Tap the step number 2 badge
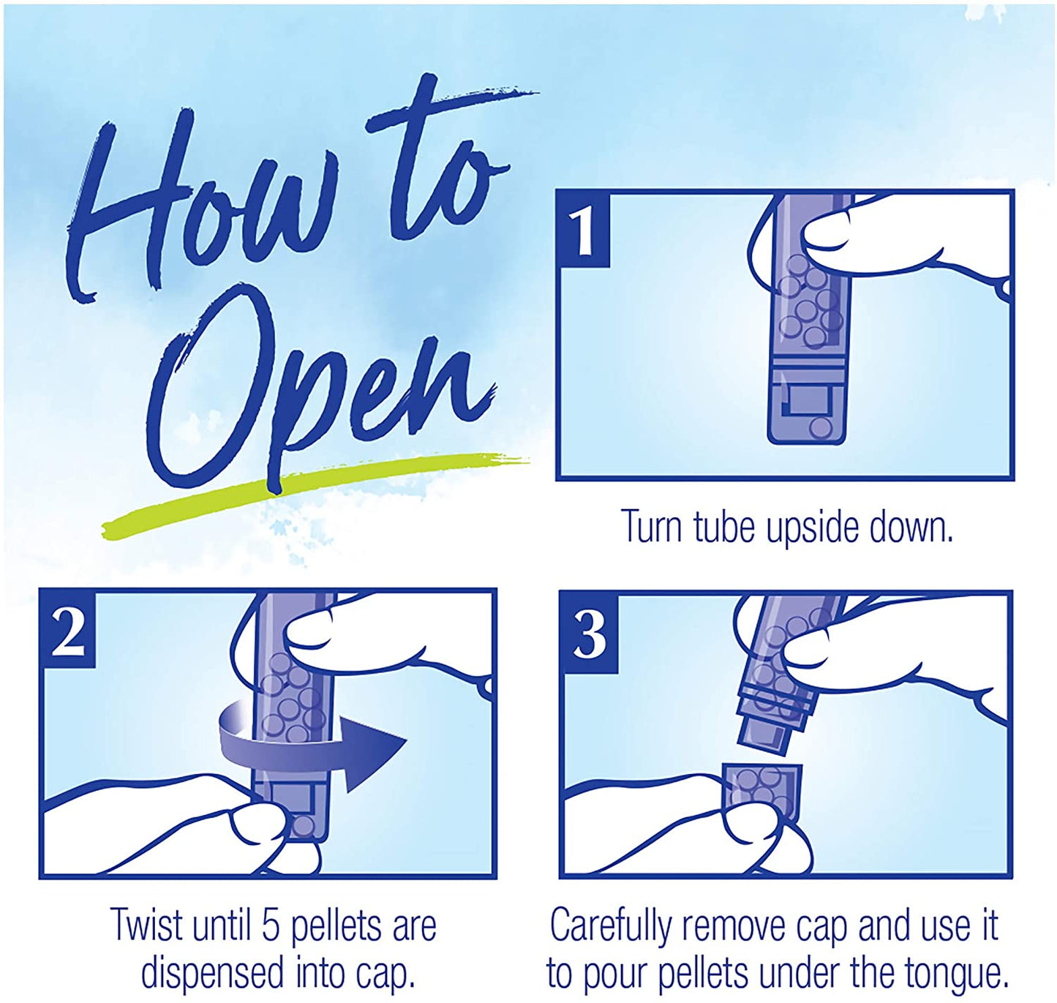pos(68,628)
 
